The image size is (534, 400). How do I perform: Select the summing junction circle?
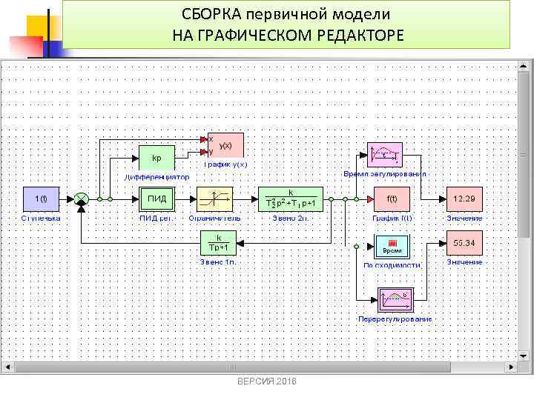(82, 199)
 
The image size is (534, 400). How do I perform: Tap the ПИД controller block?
(156, 199)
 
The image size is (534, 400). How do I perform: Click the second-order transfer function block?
(290, 199)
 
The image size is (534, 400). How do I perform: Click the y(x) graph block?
(225, 145)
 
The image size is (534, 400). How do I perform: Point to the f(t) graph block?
(392, 199)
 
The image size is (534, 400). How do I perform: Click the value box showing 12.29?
(464, 199)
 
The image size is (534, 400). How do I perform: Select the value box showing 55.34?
(464, 242)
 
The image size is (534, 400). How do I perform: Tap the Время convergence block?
(392, 245)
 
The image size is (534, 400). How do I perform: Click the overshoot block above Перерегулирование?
(395, 300)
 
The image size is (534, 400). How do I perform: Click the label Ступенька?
(42, 219)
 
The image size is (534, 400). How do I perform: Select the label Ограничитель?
(214, 219)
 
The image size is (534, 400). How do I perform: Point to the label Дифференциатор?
(156, 178)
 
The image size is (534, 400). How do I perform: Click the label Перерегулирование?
(395, 319)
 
